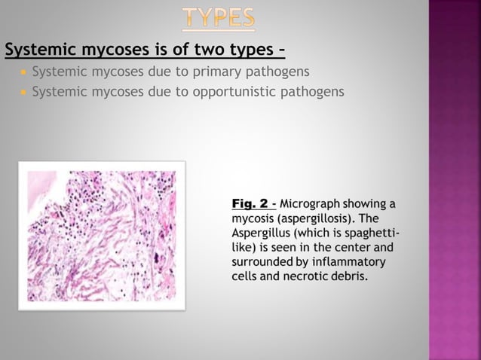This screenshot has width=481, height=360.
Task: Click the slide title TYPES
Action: click(x=219, y=17)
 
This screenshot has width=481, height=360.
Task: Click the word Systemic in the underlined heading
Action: click(x=37, y=50)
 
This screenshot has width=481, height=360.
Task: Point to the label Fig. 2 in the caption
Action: click(x=250, y=203)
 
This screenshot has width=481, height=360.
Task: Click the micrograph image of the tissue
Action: click(x=101, y=236)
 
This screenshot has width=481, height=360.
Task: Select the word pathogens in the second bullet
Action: click(x=316, y=92)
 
